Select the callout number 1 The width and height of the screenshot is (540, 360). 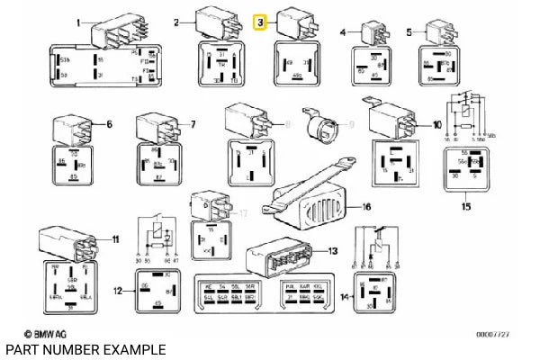[78, 22]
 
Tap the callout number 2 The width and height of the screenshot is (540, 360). [177, 22]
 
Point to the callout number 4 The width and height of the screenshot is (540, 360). [343, 32]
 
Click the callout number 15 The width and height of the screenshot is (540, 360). [465, 208]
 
